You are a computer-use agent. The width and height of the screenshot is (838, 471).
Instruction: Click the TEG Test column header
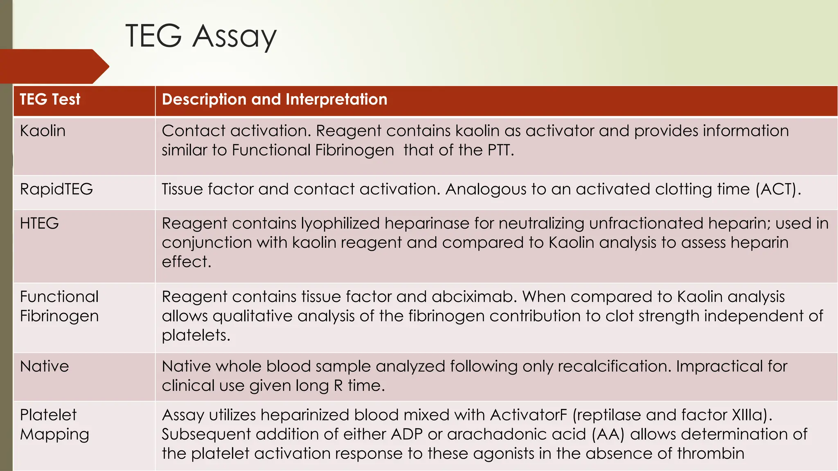50,99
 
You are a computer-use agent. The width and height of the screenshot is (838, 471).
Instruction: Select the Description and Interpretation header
274,99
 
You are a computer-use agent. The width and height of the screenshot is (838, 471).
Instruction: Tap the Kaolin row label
43,131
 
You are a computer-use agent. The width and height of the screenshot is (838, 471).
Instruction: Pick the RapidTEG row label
56,189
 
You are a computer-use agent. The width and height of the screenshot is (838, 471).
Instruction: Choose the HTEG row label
39,223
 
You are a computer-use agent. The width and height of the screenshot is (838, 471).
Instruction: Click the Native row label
44,366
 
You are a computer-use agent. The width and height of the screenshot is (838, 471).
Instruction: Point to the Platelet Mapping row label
54,424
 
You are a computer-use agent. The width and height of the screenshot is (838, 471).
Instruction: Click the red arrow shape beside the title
53,66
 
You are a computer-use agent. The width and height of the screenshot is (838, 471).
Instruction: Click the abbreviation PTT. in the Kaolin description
500,150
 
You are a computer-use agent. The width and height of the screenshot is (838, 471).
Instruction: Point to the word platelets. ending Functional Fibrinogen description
196,335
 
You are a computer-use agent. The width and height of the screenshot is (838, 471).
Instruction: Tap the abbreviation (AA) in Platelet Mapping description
608,434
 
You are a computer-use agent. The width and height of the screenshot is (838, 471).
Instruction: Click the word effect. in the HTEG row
186,262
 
